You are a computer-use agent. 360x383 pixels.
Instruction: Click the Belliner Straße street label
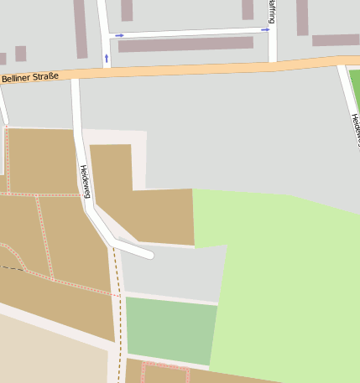pyautogui.click(x=30, y=77)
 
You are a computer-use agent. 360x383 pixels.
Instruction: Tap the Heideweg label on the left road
pyautogui.click(x=85, y=181)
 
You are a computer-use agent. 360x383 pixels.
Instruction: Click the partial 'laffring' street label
pyautogui.click(x=272, y=11)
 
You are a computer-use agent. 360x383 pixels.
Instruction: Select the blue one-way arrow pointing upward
pyautogui.click(x=107, y=59)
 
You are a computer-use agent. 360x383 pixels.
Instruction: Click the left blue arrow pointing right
pyautogui.click(x=119, y=35)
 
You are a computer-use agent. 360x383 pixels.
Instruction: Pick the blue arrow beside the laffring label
pyautogui.click(x=265, y=29)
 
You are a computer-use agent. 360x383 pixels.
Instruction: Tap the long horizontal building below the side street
pyautogui.click(x=185, y=44)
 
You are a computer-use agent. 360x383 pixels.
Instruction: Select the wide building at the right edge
pyautogui.click(x=336, y=40)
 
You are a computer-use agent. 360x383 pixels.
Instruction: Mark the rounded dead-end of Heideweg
pyautogui.click(x=148, y=251)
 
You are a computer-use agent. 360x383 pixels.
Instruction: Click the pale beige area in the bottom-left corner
pyautogui.click(x=50, y=352)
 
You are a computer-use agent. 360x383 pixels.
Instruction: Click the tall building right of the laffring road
pyautogui.click(x=302, y=17)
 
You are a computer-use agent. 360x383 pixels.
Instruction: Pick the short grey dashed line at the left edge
pyautogui.click(x=10, y=268)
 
